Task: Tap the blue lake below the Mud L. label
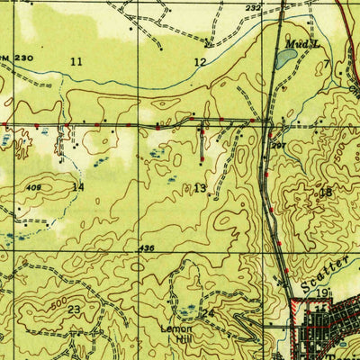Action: pos(285,59)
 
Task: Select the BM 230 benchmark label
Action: pos(15,58)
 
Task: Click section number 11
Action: pos(76,61)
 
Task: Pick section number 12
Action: pos(200,62)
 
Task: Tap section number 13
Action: pos(199,187)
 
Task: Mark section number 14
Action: pos(78,187)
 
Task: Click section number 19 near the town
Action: pos(321,293)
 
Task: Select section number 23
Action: pos(73,309)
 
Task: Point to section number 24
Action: pos(209,312)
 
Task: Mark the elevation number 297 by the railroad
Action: pos(279,146)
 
